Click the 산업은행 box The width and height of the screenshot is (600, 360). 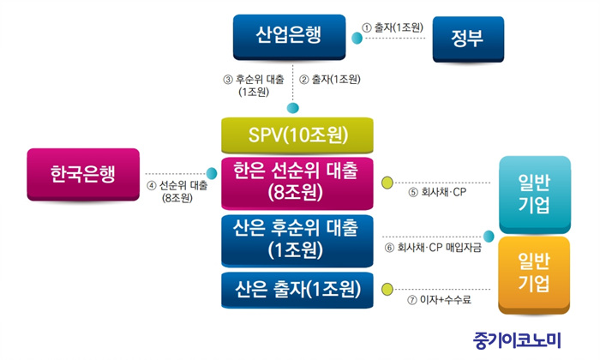tap(290, 37)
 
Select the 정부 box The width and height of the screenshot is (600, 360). tap(468, 39)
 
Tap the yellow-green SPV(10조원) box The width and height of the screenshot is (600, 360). tap(297, 135)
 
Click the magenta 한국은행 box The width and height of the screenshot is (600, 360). tap(83, 175)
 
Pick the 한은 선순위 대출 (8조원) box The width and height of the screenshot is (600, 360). tap(297, 183)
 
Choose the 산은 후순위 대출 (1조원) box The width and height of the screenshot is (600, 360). tap(297, 241)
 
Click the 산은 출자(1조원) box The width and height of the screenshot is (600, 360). tap(297, 290)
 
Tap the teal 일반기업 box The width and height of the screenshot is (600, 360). tap(535, 195)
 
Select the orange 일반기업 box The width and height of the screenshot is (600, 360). tap(534, 275)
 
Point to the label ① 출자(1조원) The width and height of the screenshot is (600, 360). tap(393, 27)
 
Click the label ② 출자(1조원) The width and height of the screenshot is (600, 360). tap(330, 80)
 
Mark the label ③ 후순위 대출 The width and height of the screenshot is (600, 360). tap(254, 86)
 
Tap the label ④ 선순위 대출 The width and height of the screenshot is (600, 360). tap(177, 192)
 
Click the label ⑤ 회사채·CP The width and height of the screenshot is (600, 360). tap(437, 192)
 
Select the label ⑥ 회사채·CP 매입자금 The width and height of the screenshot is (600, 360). tap(433, 248)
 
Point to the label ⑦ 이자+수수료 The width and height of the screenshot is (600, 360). tap(439, 300)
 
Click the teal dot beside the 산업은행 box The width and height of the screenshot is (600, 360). tap(357, 39)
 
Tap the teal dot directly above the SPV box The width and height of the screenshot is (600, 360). tap(293, 108)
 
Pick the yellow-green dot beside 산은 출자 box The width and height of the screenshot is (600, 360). tap(387, 289)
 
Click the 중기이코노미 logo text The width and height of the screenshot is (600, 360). tap(517, 340)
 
